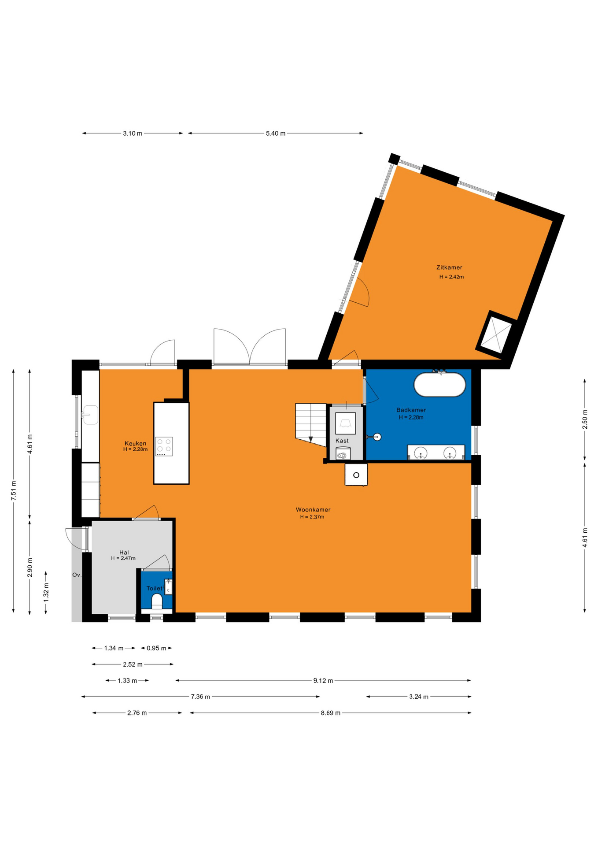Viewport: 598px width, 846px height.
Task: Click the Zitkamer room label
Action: coord(449,267)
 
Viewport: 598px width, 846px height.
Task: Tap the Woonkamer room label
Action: coord(313,510)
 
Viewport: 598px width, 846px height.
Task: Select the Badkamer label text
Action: coord(411,410)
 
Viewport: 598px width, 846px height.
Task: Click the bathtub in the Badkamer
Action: coord(439,385)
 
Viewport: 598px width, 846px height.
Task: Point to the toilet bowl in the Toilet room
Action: coord(157,601)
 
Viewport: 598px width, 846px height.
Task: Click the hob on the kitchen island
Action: coord(164,446)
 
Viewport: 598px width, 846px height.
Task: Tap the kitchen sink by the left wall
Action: coord(90,415)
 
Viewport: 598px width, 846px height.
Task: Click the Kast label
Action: coord(342,441)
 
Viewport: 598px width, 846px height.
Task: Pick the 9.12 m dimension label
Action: coord(323,681)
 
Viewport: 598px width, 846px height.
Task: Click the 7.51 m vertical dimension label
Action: coord(14,490)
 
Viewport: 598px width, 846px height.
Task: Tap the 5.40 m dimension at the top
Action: coord(276,134)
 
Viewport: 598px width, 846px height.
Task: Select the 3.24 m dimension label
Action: coord(419,697)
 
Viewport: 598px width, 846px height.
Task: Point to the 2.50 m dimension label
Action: coord(585,419)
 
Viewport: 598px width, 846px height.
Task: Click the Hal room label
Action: coord(124,553)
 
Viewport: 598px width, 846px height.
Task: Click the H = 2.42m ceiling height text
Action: coord(451,277)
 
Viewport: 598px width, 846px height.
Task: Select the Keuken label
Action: coord(135,443)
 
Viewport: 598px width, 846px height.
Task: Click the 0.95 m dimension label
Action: coord(156,648)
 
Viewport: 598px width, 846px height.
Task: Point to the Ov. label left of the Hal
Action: coord(77,575)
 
